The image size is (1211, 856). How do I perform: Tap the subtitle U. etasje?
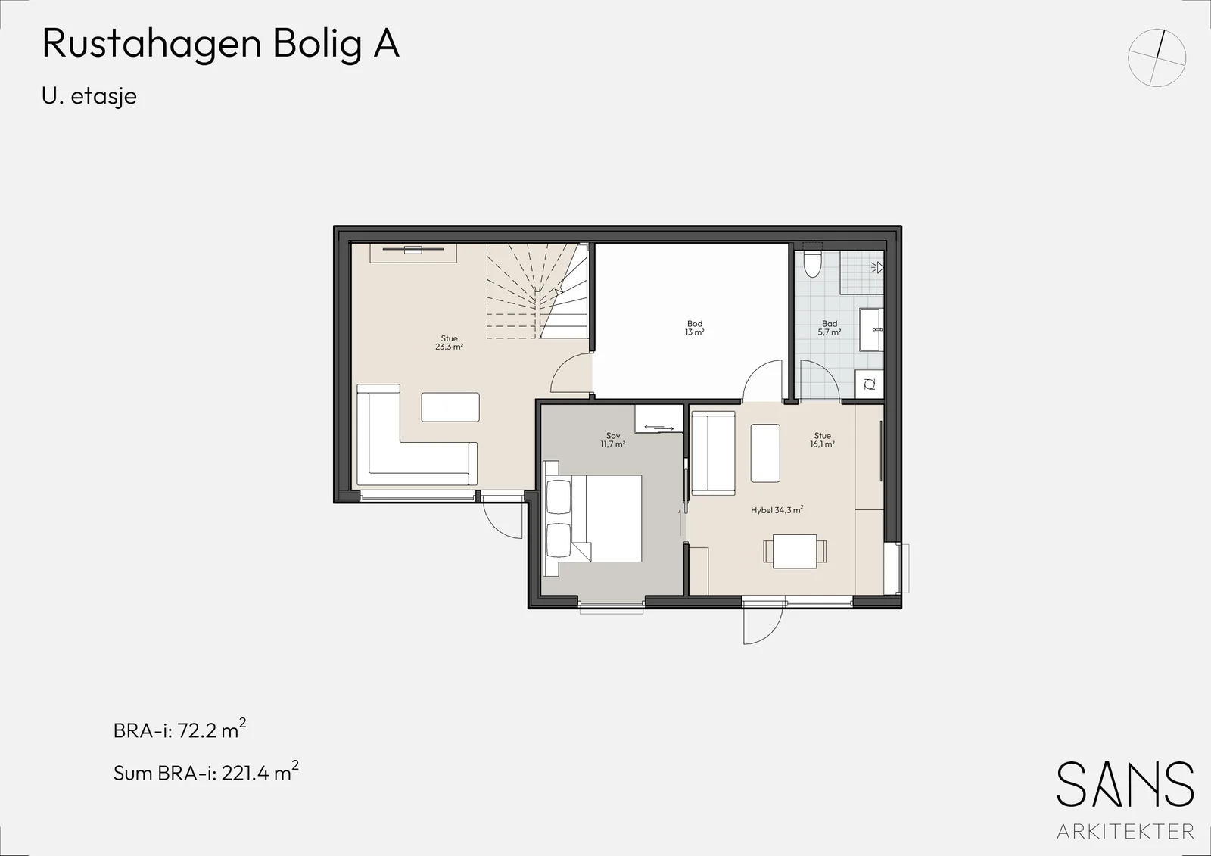click(x=89, y=96)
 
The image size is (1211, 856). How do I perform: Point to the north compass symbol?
click(x=1157, y=58)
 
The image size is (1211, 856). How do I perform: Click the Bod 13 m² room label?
click(x=695, y=328)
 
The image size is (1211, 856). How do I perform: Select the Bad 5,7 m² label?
click(x=830, y=328)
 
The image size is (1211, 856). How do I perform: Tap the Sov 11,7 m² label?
click(x=613, y=440)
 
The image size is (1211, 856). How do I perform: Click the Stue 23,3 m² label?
click(x=450, y=342)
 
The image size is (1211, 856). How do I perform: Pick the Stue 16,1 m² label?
click(x=822, y=440)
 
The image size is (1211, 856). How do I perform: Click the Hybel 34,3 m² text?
click(x=777, y=509)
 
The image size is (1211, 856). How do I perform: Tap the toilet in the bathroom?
click(x=813, y=263)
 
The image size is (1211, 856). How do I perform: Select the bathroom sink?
click(x=871, y=329)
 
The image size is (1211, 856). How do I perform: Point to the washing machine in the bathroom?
click(x=870, y=384)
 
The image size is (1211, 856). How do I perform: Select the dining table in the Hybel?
click(x=795, y=551)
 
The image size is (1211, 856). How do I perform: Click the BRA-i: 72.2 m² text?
click(x=179, y=730)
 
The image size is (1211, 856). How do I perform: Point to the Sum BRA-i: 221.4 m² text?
click(x=206, y=772)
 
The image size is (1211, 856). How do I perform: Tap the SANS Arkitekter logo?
click(x=1125, y=801)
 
